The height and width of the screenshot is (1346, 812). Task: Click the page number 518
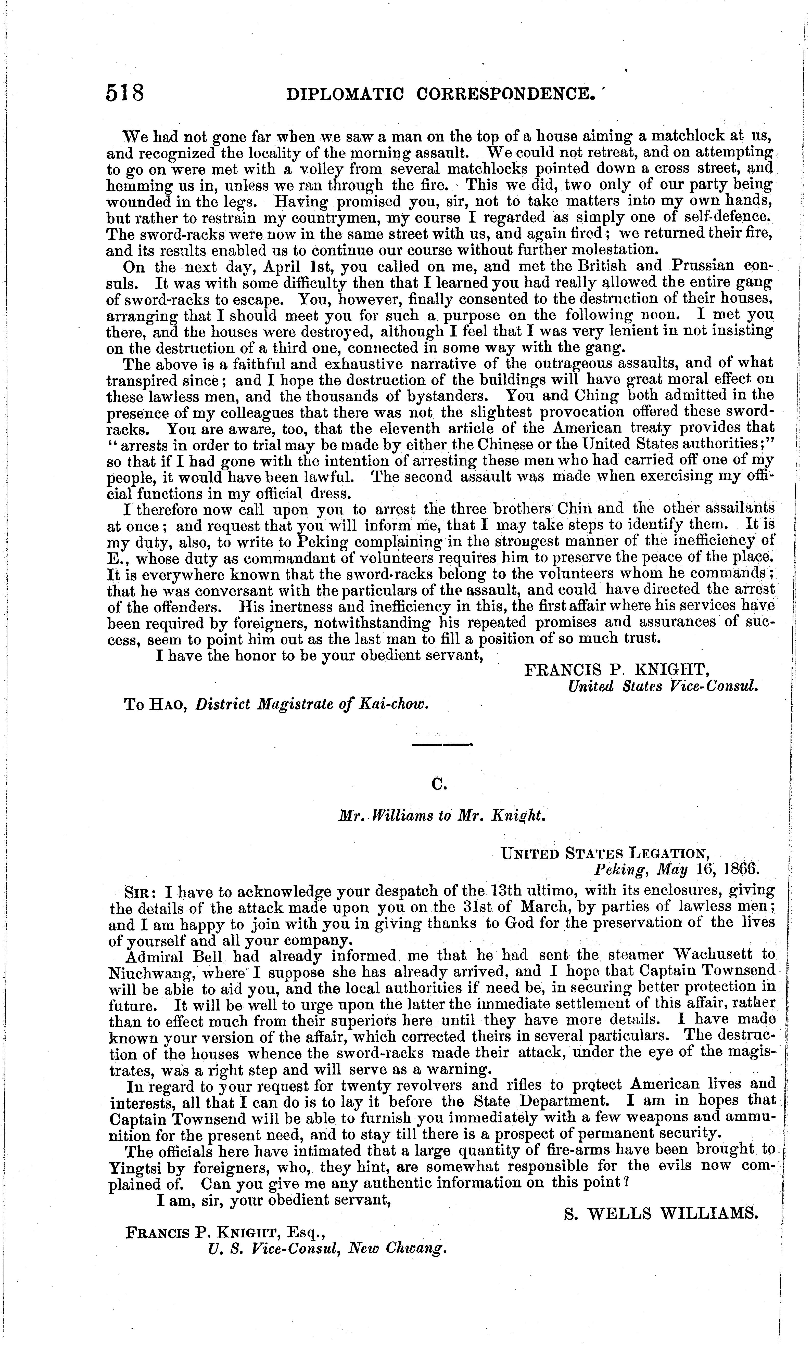click(x=125, y=93)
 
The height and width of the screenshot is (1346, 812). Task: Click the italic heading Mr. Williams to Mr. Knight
click(x=441, y=816)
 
